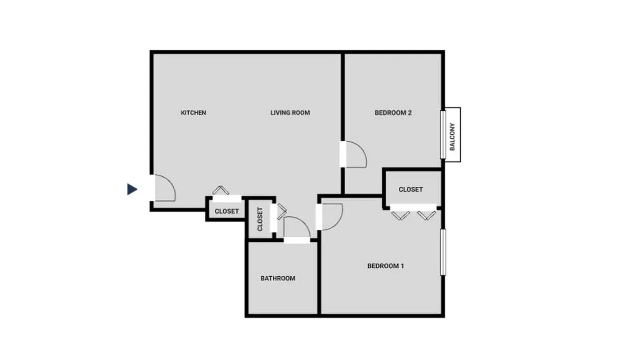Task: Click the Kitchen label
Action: (x=193, y=112)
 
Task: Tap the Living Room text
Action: (x=290, y=112)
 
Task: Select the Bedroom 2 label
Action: (x=393, y=112)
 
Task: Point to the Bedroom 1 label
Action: (x=385, y=266)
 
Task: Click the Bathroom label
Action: (x=278, y=279)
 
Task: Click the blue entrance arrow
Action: (x=132, y=189)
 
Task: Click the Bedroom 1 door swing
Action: (x=332, y=217)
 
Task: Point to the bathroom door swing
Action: (x=296, y=227)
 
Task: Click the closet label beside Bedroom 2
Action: (x=410, y=189)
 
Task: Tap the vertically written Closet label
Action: (x=260, y=219)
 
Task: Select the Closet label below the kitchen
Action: (x=226, y=211)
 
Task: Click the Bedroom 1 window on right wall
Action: (x=443, y=252)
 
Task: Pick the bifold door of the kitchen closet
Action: (x=221, y=190)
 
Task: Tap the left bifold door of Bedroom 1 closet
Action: (x=400, y=216)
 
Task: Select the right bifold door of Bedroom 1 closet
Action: (x=426, y=216)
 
